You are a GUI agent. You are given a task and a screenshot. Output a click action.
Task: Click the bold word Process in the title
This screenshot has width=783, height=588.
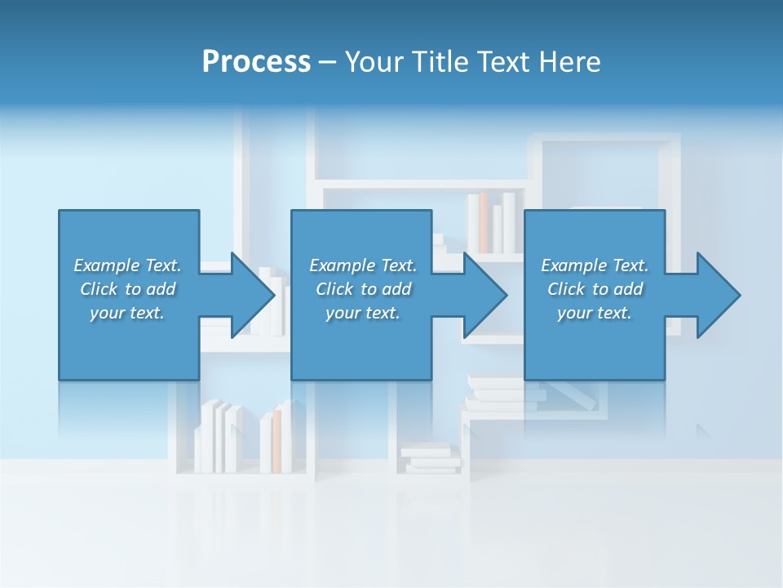pyautogui.click(x=256, y=62)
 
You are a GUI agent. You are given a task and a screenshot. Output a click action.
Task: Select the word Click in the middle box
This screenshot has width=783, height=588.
pyautogui.click(x=334, y=289)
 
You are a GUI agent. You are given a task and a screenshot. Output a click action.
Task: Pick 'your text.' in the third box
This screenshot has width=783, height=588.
pyautogui.click(x=594, y=313)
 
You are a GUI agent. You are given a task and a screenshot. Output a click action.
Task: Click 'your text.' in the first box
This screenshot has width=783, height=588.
pyautogui.click(x=127, y=313)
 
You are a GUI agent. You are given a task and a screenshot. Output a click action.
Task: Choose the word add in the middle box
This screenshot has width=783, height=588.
pyautogui.click(x=396, y=289)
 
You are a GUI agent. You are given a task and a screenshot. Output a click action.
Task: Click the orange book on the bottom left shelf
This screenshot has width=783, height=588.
pyautogui.click(x=276, y=440)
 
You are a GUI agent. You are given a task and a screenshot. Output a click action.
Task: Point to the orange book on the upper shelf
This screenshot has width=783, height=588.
pyautogui.click(x=483, y=222)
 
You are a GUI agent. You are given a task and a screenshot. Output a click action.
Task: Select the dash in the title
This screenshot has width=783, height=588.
pyautogui.click(x=327, y=62)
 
